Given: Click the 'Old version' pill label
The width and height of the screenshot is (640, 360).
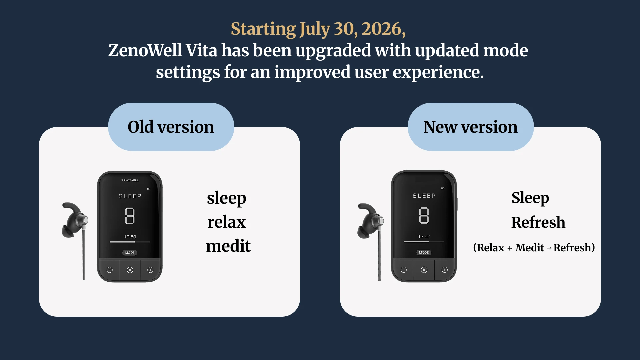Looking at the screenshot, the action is click(x=171, y=127).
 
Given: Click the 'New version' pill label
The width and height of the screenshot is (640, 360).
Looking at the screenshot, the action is click(x=470, y=127).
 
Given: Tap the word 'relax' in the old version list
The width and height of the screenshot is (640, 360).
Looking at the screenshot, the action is click(x=227, y=222).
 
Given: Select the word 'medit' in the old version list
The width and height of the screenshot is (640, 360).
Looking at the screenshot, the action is click(x=228, y=246).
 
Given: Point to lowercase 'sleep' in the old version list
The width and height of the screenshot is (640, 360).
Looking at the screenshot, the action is click(x=227, y=198).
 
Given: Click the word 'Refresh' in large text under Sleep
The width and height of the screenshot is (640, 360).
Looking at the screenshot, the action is click(x=538, y=222).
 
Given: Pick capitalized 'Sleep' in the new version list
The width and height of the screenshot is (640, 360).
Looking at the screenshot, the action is click(x=530, y=198).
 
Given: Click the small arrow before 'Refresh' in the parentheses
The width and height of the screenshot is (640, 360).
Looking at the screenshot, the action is click(x=549, y=248).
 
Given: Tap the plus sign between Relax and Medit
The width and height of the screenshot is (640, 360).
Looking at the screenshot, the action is click(x=510, y=248).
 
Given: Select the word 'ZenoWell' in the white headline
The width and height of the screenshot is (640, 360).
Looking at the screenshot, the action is click(x=145, y=50).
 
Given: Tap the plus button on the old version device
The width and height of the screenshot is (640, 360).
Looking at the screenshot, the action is click(x=150, y=270).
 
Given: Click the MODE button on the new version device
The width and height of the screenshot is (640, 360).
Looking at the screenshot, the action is click(x=424, y=253).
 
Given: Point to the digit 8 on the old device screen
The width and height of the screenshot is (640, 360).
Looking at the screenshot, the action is click(x=130, y=216).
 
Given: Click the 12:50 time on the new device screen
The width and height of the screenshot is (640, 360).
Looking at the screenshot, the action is click(x=424, y=237).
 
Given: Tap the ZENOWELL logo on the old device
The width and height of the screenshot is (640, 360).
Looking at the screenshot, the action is click(x=130, y=180).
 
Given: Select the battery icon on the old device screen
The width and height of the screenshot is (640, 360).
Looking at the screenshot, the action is click(x=149, y=189).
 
